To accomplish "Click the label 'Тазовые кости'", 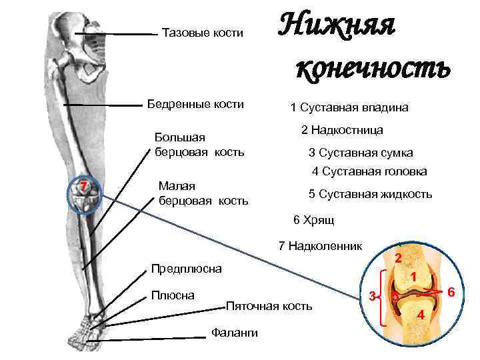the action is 203,33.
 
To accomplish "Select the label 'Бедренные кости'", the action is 195,104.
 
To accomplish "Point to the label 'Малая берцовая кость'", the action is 203,193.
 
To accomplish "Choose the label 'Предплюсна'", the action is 187,269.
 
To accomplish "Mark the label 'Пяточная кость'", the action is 269,306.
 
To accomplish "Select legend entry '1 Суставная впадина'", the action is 349,107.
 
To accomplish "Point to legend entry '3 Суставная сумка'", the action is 361,152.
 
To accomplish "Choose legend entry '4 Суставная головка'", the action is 369,171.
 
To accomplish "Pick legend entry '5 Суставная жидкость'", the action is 370,194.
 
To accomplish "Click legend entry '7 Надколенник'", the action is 320,246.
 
